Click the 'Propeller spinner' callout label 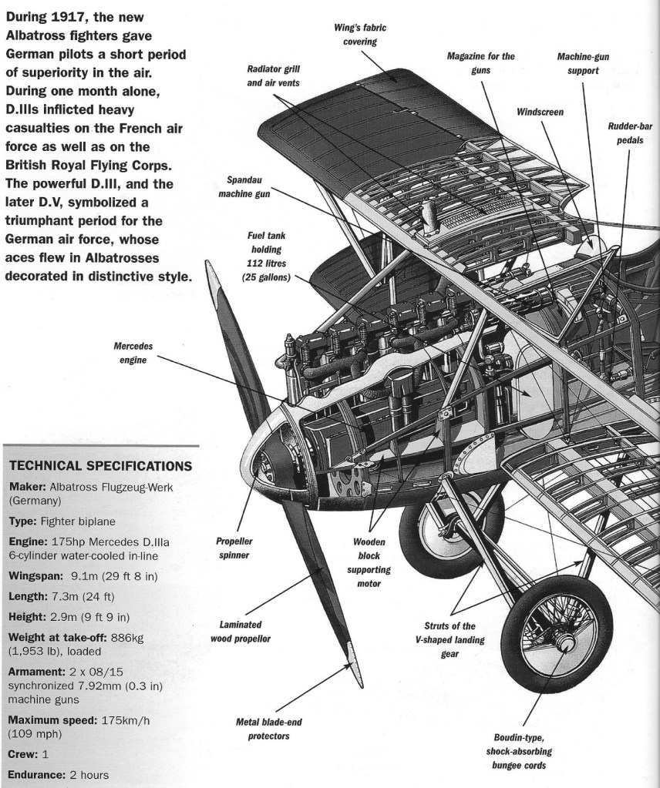pos(234,547)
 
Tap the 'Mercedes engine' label pos(129,352)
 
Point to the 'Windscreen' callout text pos(540,112)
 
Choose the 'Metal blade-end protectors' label pos(264,729)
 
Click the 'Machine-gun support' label pos(588,63)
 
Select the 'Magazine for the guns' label pos(480,63)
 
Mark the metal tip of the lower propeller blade pos(352,654)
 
